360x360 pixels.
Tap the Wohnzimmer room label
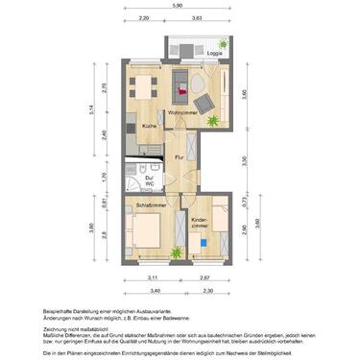[x=181, y=114]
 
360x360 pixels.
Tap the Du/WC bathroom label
[x=151, y=180]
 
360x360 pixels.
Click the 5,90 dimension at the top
[x=178, y=6]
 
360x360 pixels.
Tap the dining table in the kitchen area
[x=145, y=89]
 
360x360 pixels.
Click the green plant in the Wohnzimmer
[x=212, y=120]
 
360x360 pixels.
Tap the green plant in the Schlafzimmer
[x=176, y=253]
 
